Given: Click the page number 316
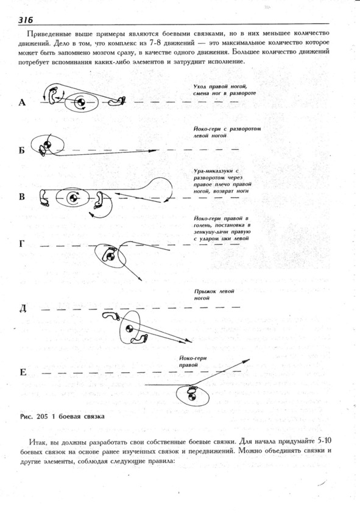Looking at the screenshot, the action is pyautogui.click(x=26, y=20).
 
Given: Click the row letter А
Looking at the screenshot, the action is pyautogui.click(x=22, y=103).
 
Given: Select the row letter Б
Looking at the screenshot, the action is pyautogui.click(x=22, y=150).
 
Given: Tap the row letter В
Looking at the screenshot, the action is pyautogui.click(x=22, y=197).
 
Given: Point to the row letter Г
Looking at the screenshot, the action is pyautogui.click(x=22, y=244).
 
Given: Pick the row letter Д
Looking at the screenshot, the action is pyautogui.click(x=23, y=308).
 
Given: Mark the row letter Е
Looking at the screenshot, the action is pyautogui.click(x=23, y=372).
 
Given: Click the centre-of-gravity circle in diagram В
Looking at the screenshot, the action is pyautogui.click(x=72, y=197).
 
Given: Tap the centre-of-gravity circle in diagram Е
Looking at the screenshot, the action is pyautogui.click(x=191, y=397).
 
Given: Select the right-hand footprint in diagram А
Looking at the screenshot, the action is pyautogui.click(x=117, y=101).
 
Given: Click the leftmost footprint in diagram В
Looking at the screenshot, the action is pyautogui.click(x=44, y=197).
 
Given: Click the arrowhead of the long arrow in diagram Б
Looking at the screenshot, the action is pyautogui.click(x=153, y=151).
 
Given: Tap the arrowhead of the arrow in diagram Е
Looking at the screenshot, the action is pyautogui.click(x=246, y=361).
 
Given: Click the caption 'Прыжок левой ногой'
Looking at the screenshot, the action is pyautogui.click(x=214, y=294).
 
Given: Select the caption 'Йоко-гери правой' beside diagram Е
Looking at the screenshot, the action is pyautogui.click(x=193, y=361).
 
